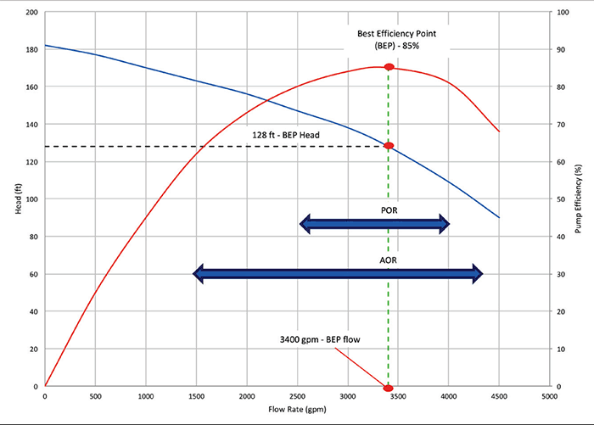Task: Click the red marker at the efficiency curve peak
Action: [389, 67]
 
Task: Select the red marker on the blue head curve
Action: [389, 146]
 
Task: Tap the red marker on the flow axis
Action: [389, 387]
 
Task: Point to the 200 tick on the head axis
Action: [32, 13]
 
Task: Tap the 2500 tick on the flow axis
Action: [298, 396]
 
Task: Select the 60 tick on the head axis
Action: [34, 274]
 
